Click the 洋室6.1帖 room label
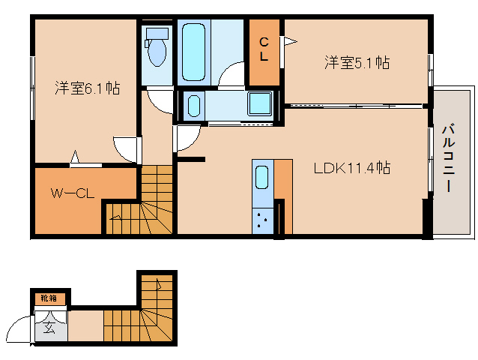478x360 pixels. point(87,88)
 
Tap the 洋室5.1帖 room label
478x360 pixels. point(357,63)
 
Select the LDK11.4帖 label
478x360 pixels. point(351,168)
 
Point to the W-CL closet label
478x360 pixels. point(72,193)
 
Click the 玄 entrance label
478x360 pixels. point(49,326)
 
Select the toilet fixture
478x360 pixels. point(157,47)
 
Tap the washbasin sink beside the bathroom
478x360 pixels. point(193,105)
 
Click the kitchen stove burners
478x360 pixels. point(262,220)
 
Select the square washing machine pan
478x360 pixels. point(261,105)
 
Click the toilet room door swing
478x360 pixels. point(160,99)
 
